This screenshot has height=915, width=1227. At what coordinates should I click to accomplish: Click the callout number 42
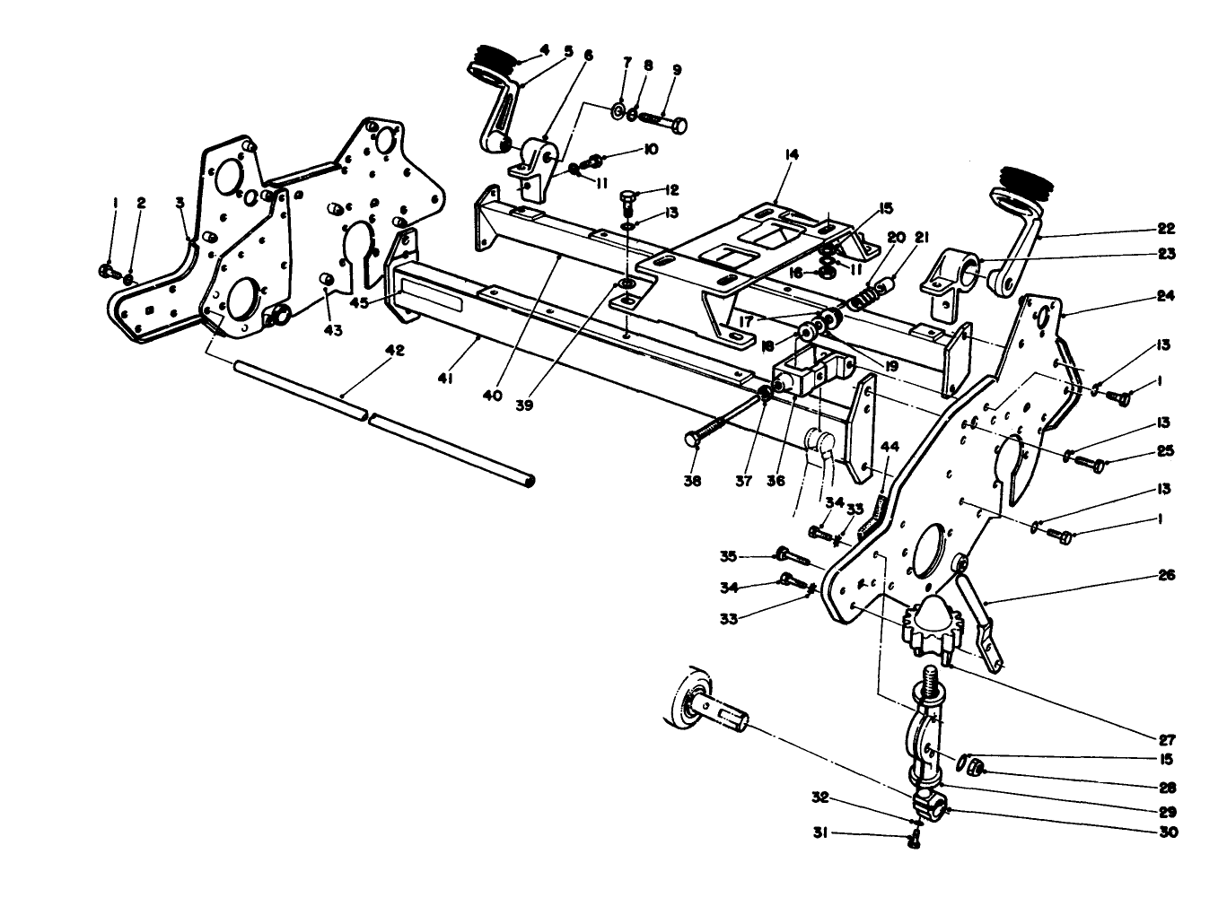pyautogui.click(x=394, y=351)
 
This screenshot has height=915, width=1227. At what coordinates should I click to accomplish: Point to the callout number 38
pyautogui.click(x=691, y=480)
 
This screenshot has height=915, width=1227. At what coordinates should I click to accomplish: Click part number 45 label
pyautogui.click(x=359, y=303)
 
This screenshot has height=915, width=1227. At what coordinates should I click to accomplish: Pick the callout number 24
pyautogui.click(x=1167, y=295)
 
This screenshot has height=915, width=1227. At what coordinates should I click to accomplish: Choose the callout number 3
pyautogui.click(x=180, y=204)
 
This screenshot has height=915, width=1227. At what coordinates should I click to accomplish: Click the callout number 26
pyautogui.click(x=1167, y=575)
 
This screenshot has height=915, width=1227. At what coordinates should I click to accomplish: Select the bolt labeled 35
pyautogui.click(x=790, y=556)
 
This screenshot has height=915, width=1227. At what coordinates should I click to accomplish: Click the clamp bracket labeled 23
pyautogui.click(x=955, y=270)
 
